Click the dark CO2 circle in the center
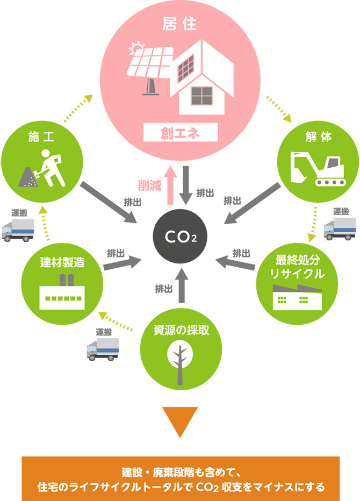[180, 235]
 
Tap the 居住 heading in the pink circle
[180, 24]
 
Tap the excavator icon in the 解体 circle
[318, 168]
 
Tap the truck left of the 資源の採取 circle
[103, 349]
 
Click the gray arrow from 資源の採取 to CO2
[181, 285]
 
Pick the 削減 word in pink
[149, 186]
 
